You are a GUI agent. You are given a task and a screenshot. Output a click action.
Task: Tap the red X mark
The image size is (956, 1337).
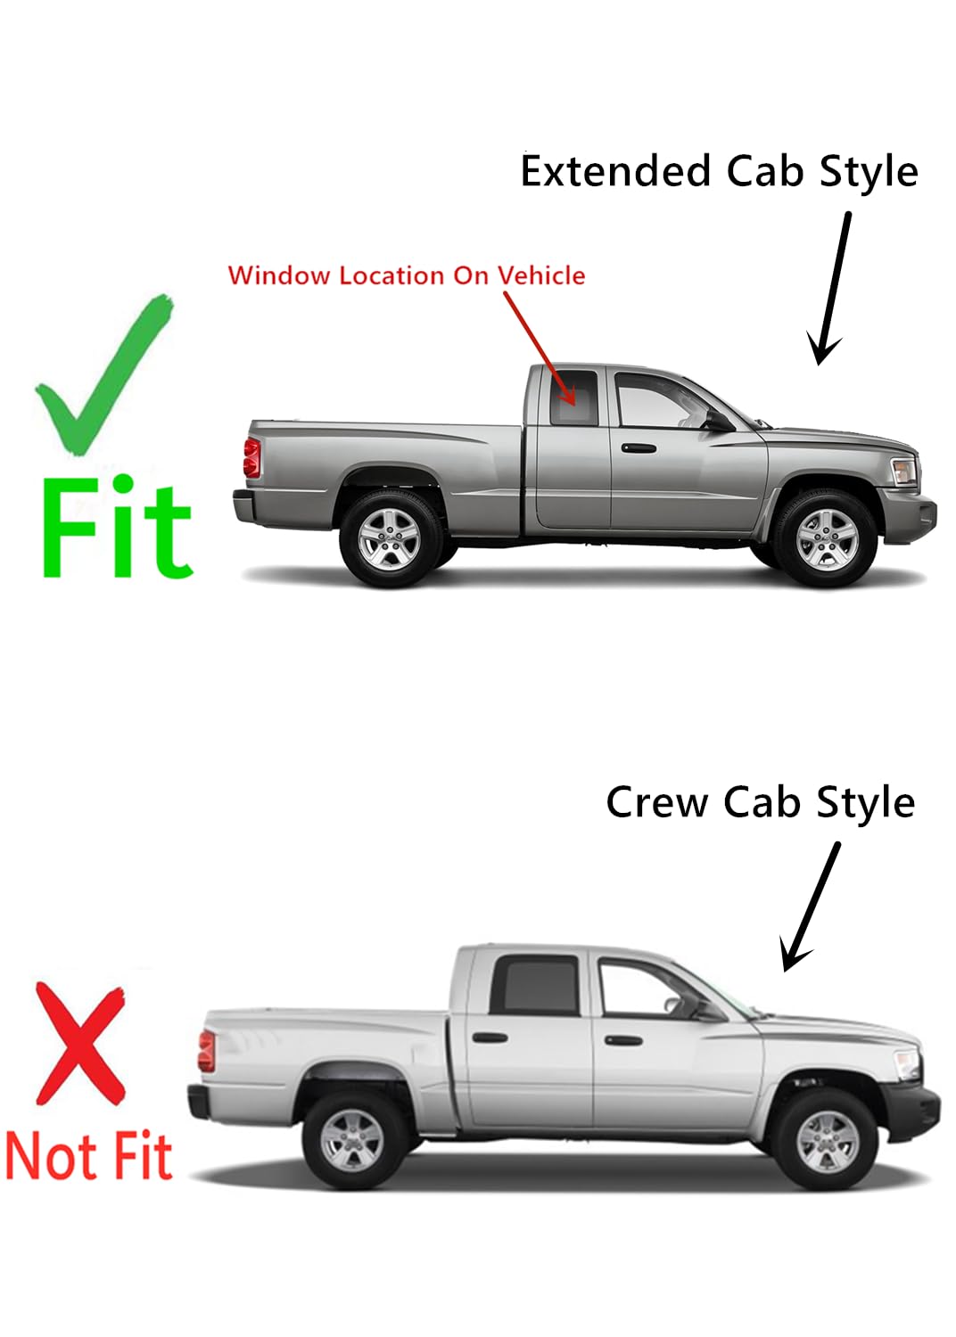click(x=80, y=1045)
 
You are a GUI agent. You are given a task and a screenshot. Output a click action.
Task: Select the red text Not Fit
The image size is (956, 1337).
click(x=89, y=1156)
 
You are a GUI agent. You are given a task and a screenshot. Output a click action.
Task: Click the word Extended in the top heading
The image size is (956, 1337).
click(x=615, y=171)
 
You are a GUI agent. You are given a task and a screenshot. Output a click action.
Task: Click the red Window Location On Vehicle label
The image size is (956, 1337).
click(x=407, y=275)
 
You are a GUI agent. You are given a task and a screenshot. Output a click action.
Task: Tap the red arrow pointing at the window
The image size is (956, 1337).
click(x=539, y=348)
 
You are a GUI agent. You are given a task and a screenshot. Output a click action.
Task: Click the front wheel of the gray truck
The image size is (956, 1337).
click(x=826, y=538)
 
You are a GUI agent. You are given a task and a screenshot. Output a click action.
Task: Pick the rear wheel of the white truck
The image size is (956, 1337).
click(x=353, y=1140)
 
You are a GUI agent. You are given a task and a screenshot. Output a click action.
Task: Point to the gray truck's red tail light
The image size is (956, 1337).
click(x=252, y=457)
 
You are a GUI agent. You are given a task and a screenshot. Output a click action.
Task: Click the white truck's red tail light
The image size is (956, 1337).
click(x=207, y=1051)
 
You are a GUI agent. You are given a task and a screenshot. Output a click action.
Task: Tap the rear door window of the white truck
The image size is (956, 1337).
click(x=536, y=986)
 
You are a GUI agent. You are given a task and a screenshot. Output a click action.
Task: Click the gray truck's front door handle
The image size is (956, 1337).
click(x=639, y=447)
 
